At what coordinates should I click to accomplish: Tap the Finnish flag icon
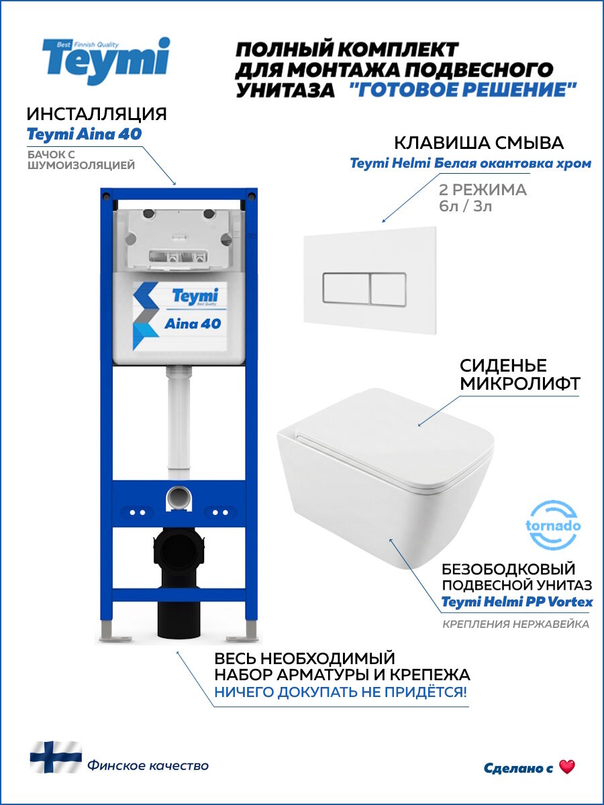pyautogui.click(x=56, y=757)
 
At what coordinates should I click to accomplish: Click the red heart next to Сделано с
pyautogui.click(x=567, y=767)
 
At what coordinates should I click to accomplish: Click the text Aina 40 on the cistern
pyautogui.click(x=193, y=324)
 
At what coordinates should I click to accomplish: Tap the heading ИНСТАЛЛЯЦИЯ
pyautogui.click(x=97, y=113)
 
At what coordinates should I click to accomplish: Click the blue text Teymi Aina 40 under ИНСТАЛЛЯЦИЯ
pyautogui.click(x=84, y=134)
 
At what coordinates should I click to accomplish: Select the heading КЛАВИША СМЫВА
pyautogui.click(x=479, y=143)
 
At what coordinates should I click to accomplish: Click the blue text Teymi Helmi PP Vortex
pyautogui.click(x=517, y=602)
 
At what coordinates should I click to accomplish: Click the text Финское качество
pyautogui.click(x=147, y=765)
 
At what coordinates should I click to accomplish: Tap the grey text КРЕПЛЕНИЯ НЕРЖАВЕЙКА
pyautogui.click(x=515, y=625)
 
